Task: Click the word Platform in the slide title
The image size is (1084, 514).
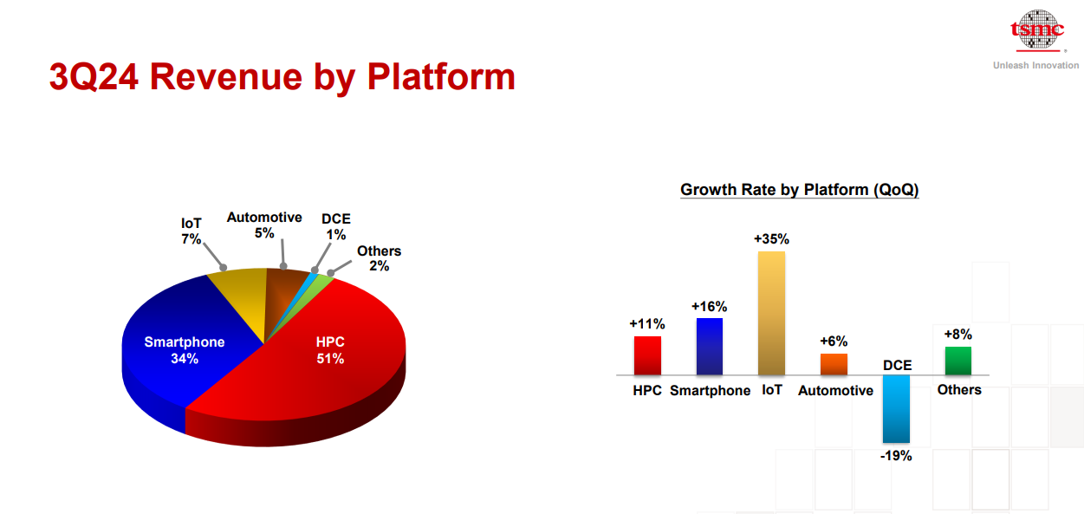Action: coord(441,76)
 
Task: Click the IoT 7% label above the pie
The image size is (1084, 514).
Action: coord(191,231)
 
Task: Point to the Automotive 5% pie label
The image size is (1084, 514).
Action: coord(264,225)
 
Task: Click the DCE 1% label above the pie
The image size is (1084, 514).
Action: coord(336,227)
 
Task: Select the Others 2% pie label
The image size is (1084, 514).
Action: coord(379,258)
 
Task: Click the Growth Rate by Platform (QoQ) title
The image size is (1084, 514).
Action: coord(799,190)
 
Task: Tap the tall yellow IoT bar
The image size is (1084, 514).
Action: coord(771,313)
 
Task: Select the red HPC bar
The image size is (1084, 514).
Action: coord(647,355)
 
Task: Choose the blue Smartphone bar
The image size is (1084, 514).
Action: coord(709,346)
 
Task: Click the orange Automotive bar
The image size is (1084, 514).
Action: coord(834,364)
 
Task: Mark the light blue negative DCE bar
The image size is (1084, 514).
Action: coord(896,408)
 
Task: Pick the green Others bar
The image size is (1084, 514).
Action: coord(957,361)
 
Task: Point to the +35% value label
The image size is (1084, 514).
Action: coord(771,239)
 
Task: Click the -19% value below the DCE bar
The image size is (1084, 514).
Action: coord(896,455)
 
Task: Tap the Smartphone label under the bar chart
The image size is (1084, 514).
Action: coord(710,391)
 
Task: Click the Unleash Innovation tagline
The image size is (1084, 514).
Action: coord(1035,66)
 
